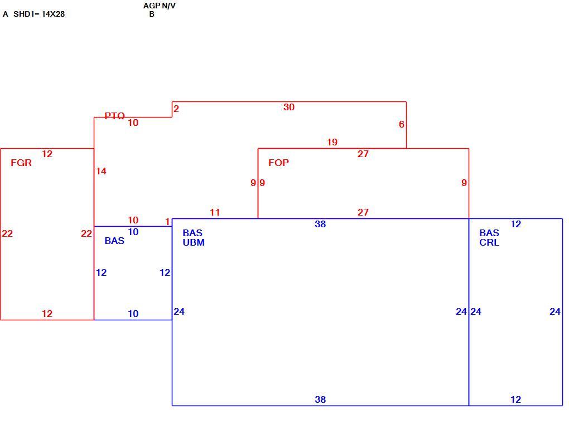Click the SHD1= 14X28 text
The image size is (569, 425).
click(39, 14)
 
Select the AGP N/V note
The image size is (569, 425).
click(160, 6)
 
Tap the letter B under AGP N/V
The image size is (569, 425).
click(152, 14)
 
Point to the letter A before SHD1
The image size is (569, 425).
click(6, 14)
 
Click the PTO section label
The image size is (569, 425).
click(115, 116)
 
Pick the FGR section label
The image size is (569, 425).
click(21, 163)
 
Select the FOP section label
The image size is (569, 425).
click(279, 163)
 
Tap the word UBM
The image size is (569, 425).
click(194, 242)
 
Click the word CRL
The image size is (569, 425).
click(489, 242)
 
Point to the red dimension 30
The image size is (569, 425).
click(289, 108)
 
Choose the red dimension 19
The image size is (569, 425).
click(332, 143)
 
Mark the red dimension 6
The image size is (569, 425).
click(401, 124)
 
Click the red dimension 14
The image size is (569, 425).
click(101, 171)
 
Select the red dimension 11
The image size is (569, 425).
click(215, 212)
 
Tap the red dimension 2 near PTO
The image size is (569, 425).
click(176, 109)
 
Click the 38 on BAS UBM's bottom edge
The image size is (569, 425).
click(320, 399)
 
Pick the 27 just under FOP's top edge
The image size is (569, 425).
click(363, 154)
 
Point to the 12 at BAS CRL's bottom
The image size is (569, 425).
click(515, 399)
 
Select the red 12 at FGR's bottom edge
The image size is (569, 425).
click(47, 314)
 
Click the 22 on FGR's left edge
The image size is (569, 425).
click(7, 234)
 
